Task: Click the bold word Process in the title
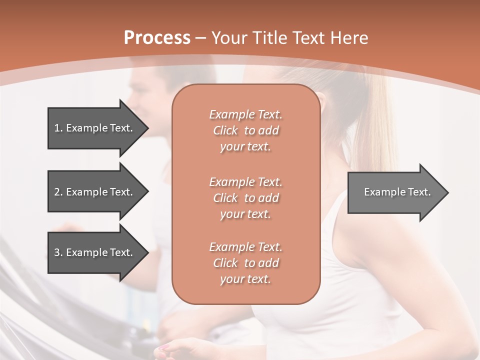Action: coord(157,38)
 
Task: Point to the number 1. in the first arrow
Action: coord(58,128)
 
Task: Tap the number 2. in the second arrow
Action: coord(58,192)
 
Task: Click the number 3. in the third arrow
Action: coord(58,252)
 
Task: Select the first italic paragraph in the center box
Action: coord(245,130)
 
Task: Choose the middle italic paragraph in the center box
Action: coord(245,198)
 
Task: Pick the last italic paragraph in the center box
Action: coord(245,263)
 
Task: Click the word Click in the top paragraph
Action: coord(225,130)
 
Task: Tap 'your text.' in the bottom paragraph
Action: coord(245,279)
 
